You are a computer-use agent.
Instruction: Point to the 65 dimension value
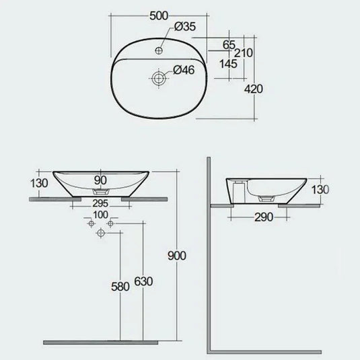tap(229, 45)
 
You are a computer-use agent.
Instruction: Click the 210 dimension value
tap(244, 52)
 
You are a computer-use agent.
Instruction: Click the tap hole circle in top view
tap(160, 50)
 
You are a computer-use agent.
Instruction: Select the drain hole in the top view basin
tap(159, 78)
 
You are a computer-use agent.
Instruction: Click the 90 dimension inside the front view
tap(100, 179)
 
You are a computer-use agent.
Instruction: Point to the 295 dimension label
tap(100, 204)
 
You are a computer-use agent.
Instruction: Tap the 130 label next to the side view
tap(320, 190)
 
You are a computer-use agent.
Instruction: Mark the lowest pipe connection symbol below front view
tap(101, 232)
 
